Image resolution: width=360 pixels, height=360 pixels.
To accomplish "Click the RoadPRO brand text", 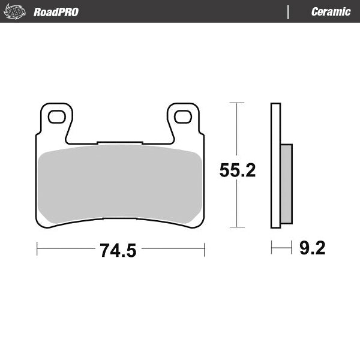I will [x=56, y=12].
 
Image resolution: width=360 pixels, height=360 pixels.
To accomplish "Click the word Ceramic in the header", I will [x=331, y=12].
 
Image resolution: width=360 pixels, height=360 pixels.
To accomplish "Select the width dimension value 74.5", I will [x=118, y=250].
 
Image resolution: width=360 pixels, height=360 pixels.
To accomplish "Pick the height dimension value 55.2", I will [x=238, y=170].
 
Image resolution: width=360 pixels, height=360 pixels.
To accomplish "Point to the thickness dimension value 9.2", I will [x=312, y=248].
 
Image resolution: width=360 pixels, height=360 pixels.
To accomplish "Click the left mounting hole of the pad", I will [x=57, y=117].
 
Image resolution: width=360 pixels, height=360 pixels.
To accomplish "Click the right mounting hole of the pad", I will [x=184, y=117].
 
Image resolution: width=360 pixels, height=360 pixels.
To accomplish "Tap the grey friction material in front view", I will [x=120, y=183].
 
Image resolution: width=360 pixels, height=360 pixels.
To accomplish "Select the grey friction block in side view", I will [x=287, y=182].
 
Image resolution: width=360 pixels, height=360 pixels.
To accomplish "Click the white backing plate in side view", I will [x=275, y=165].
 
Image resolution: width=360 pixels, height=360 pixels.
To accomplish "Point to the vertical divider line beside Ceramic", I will [x=289, y=12].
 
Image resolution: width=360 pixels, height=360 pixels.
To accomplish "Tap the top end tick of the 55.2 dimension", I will [x=238, y=103].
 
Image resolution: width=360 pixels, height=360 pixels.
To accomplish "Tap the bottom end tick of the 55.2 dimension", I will [x=238, y=227].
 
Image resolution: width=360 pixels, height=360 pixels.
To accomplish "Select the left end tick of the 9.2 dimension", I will [x=272, y=247].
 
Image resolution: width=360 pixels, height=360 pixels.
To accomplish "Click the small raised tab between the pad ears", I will [x=120, y=143].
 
